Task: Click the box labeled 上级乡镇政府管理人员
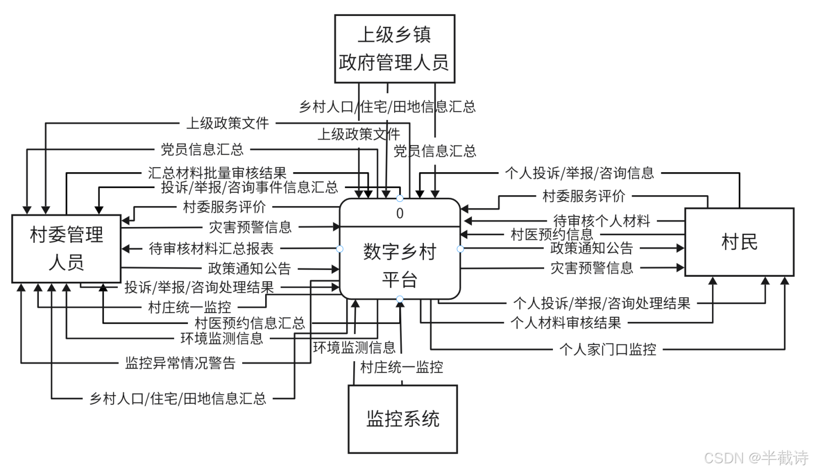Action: point(394,49)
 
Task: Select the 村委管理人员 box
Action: point(67,249)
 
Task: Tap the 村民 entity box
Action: point(739,242)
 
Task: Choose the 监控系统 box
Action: point(402,419)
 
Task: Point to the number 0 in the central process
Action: point(400,213)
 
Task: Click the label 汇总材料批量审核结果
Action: point(217,173)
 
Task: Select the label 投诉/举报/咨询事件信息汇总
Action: point(249,187)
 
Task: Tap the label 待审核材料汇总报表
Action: point(211,249)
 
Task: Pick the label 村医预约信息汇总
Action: point(250,323)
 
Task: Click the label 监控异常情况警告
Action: point(180,363)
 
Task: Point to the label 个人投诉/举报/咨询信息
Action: point(579,173)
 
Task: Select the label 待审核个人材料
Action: point(602,221)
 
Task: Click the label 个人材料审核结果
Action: point(566,323)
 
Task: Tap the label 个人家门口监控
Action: point(608,350)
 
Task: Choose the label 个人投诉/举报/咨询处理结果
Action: point(602,303)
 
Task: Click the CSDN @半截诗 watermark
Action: point(756,458)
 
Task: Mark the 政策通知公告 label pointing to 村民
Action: point(592,248)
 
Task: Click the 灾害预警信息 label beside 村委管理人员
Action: point(250,227)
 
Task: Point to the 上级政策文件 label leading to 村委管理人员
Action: point(227,123)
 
